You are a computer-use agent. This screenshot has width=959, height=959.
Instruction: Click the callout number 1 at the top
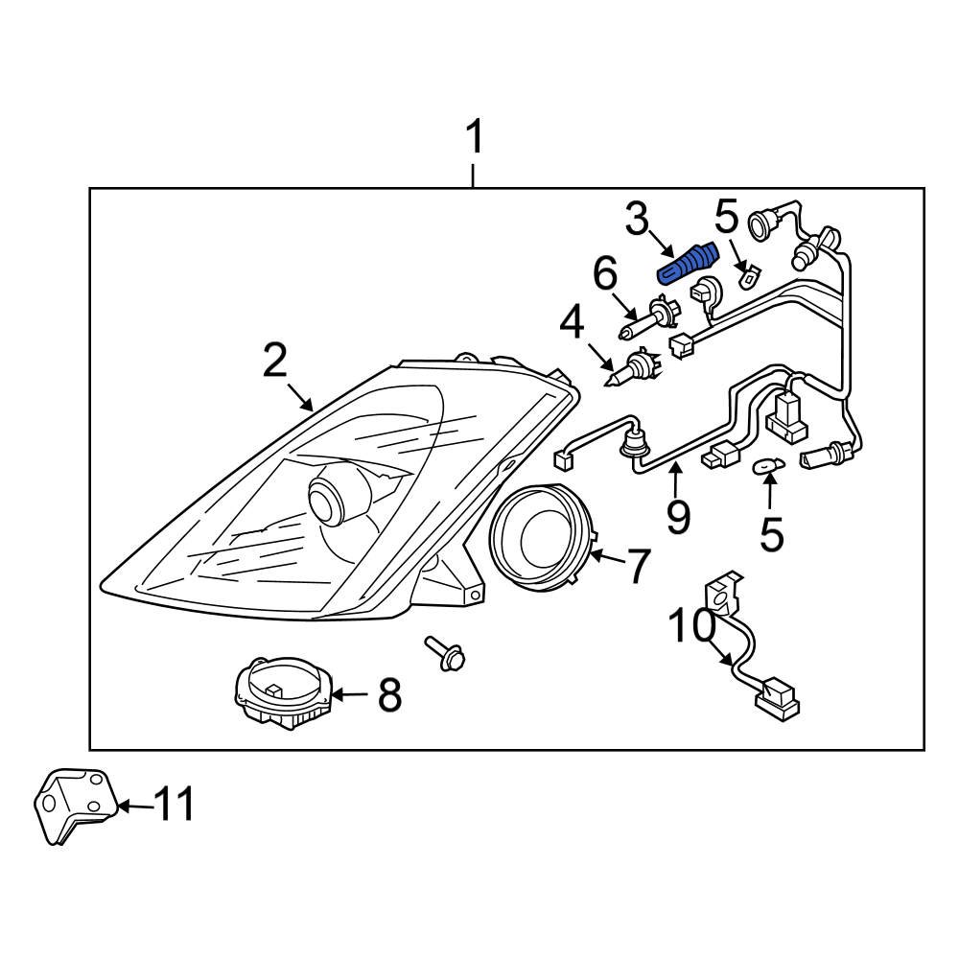[473, 139]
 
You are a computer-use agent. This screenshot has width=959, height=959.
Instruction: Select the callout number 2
[274, 362]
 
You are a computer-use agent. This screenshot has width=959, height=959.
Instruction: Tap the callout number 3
[638, 220]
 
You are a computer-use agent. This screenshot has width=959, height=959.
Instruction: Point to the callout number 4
[572, 323]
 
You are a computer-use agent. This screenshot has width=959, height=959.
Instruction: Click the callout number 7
[639, 566]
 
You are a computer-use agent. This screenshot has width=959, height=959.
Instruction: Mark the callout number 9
[677, 517]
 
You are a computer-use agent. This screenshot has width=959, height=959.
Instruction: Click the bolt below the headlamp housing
[446, 655]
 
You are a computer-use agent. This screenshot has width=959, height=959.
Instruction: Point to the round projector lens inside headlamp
[331, 498]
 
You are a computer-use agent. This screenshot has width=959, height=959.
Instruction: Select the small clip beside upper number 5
[746, 277]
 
